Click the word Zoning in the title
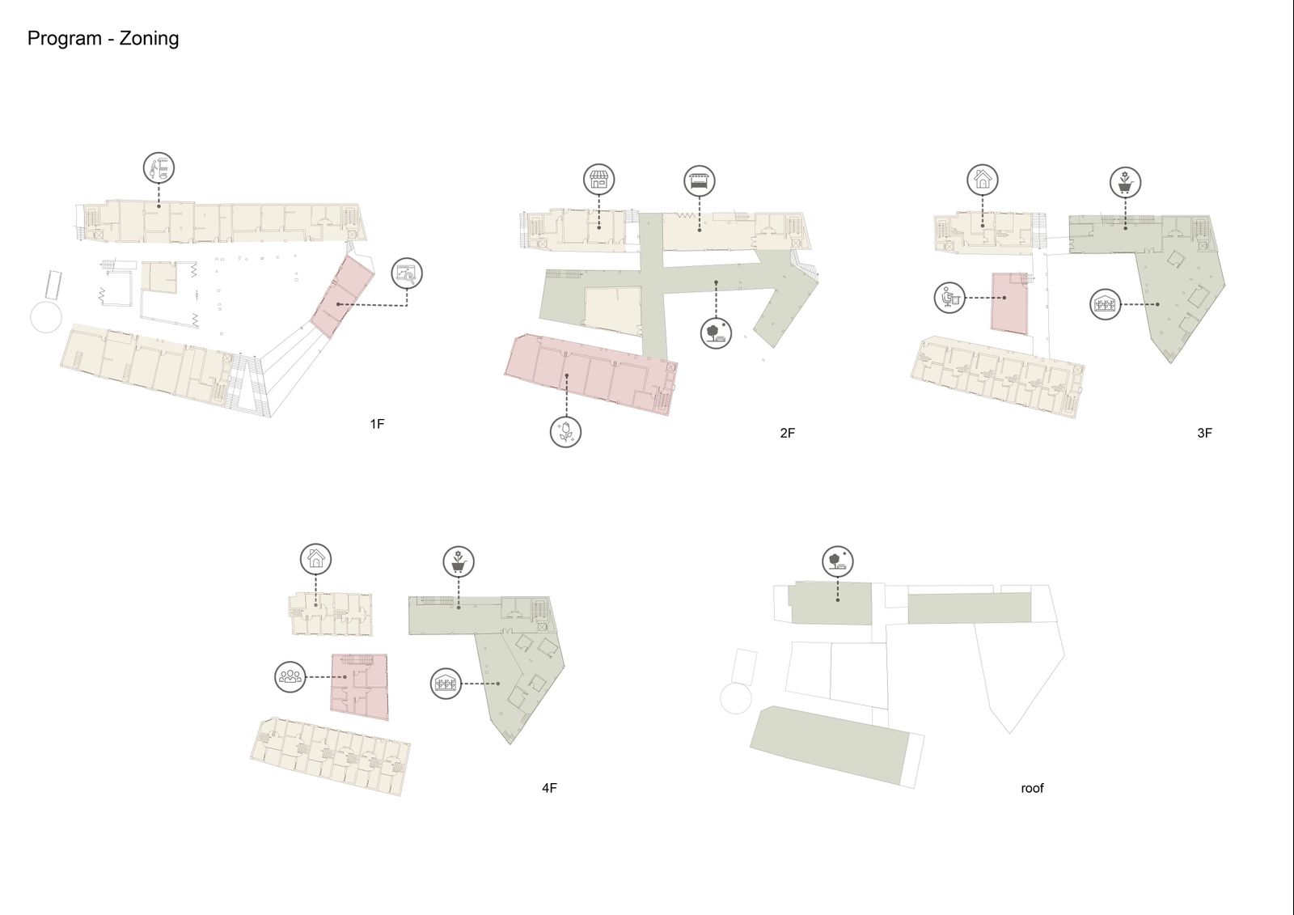tap(149, 39)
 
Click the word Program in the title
tap(64, 39)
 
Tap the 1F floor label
tap(377, 424)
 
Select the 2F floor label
tap(787, 433)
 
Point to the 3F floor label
tap(1204, 433)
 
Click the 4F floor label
tap(549, 788)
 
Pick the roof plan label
tap(1032, 789)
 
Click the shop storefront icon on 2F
tap(598, 179)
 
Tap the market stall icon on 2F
tap(699, 180)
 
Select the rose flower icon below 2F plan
tap(565, 432)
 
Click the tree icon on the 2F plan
tap(716, 333)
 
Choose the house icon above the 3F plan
tap(983, 179)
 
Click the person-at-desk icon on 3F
tap(949, 298)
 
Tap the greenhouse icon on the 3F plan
tap(1105, 304)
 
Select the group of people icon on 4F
tap(290, 677)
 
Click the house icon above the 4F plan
tap(315, 559)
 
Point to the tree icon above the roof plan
tap(838, 561)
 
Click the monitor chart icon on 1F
tap(407, 273)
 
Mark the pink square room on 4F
tap(359, 687)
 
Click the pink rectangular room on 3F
tap(1010, 303)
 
